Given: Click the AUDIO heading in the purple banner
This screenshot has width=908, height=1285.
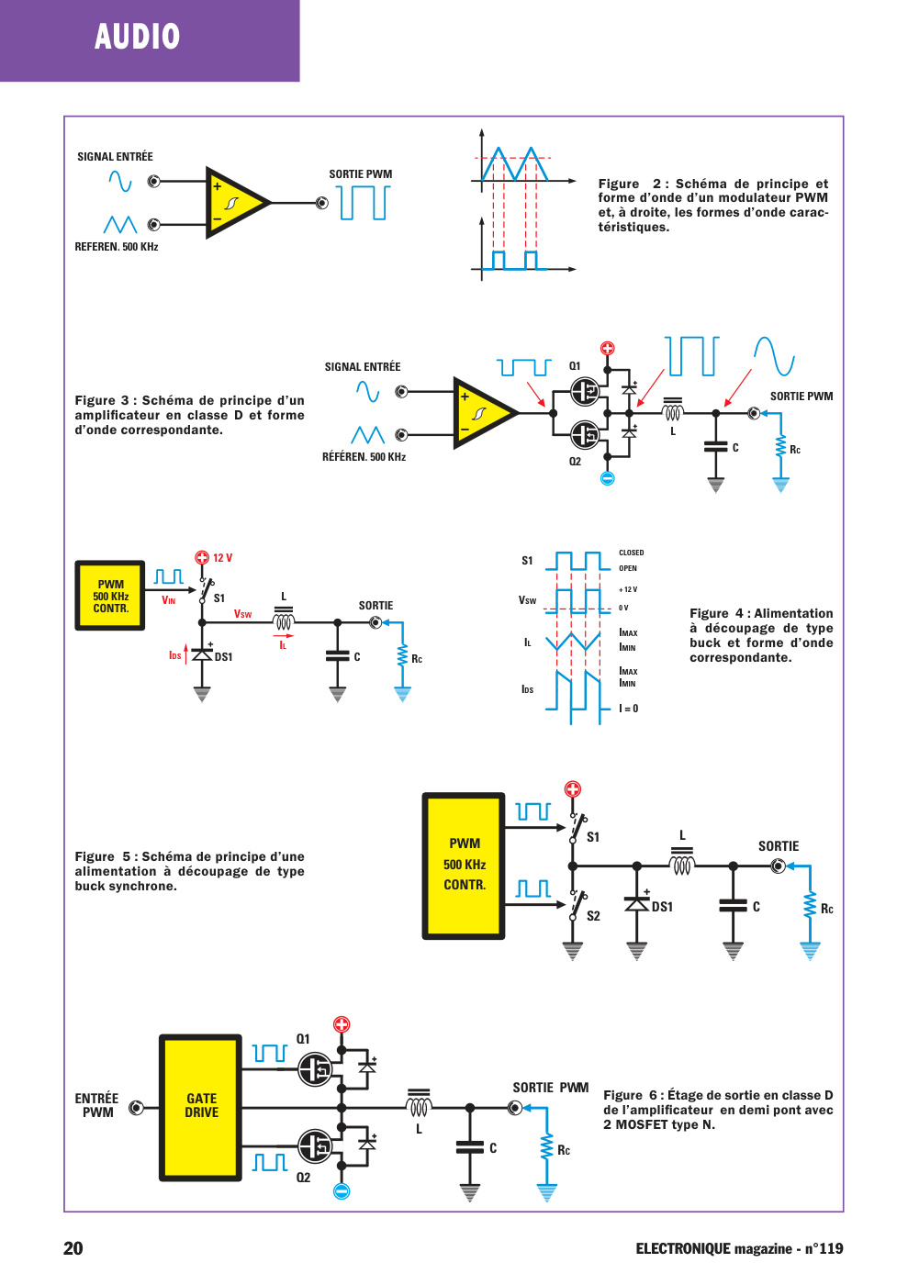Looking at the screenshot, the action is click(137, 36).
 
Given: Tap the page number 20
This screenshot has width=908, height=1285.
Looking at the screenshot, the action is click(73, 1248).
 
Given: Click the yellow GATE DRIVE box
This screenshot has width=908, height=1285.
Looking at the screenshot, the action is click(200, 1108).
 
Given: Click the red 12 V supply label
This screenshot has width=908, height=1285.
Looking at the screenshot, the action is click(223, 558).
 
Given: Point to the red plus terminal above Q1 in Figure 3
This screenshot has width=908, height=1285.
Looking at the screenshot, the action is click(607, 348).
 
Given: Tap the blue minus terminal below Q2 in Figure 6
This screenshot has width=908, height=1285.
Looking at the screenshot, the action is click(342, 1191).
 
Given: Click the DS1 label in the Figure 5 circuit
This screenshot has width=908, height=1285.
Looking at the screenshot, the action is click(662, 907).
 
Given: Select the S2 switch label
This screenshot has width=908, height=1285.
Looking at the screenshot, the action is click(593, 916).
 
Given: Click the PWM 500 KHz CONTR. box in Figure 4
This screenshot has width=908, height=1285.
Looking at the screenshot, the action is click(110, 596).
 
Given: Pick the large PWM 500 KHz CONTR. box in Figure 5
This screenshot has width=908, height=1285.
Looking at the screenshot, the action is click(464, 866).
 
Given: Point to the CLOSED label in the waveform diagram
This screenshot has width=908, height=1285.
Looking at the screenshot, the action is click(632, 553).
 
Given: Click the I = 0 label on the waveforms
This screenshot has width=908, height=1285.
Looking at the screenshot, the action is click(629, 709).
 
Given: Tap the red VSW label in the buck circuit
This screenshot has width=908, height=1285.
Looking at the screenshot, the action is click(242, 614).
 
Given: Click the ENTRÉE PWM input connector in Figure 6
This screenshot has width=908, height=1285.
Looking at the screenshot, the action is click(136, 1108).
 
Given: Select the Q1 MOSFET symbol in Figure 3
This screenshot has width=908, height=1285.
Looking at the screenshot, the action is click(586, 392).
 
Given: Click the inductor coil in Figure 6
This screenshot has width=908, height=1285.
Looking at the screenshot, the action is click(419, 1105).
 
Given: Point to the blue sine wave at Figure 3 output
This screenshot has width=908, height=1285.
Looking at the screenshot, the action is click(774, 356).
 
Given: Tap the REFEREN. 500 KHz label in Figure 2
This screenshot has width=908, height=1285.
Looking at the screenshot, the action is click(117, 247).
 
